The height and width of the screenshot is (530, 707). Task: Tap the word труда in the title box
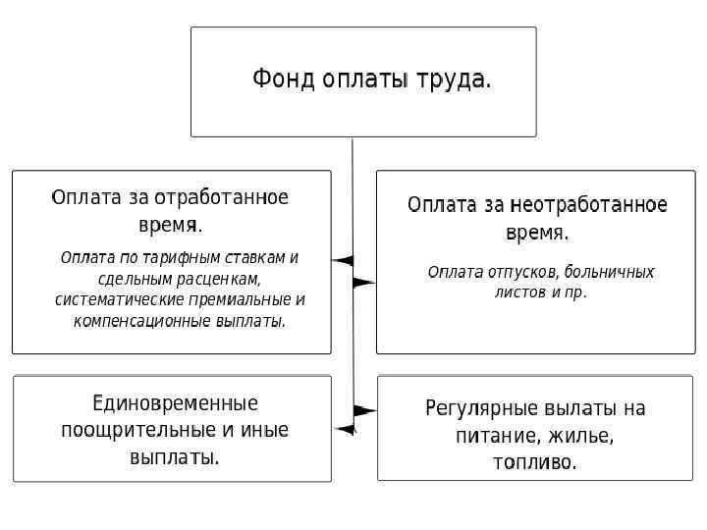pos(453,79)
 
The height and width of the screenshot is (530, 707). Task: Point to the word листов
pos(515,292)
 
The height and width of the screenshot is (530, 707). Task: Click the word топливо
pos(534,462)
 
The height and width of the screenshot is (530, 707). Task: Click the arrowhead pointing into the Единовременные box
pos(344,429)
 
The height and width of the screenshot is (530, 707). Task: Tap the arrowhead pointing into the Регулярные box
pos(364,409)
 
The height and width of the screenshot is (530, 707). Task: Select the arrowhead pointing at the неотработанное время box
pos(363,282)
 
